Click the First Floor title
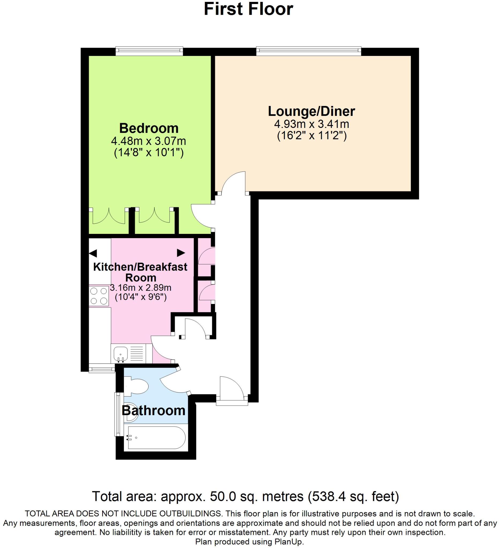pyautogui.click(x=248, y=9)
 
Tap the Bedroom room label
pyautogui.click(x=149, y=128)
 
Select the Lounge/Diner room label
pyautogui.click(x=311, y=111)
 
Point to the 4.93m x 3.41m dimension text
pyautogui.click(x=311, y=124)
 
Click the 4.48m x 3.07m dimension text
pyautogui.click(x=149, y=141)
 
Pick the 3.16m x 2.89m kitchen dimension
pyautogui.click(x=141, y=288)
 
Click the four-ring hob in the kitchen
pyautogui.click(x=99, y=296)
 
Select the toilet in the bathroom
pyautogui.click(x=137, y=386)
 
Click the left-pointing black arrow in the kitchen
pyautogui.click(x=93, y=254)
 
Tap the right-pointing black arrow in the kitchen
pyautogui.click(x=181, y=253)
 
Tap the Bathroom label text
pyautogui.click(x=154, y=410)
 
